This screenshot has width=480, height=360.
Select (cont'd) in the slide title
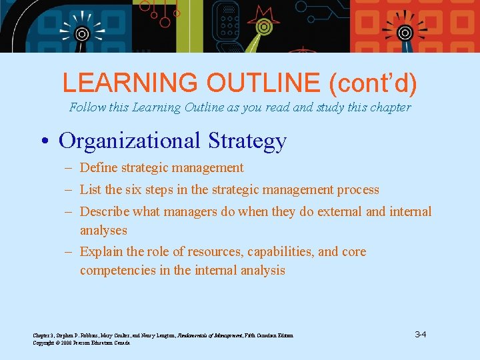[x=373, y=83]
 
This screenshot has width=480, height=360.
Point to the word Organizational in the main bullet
[x=130, y=141]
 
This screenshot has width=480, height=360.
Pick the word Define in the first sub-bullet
[x=98, y=168]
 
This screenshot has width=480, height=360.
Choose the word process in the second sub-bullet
[x=357, y=190]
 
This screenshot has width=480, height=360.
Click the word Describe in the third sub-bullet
[x=104, y=212]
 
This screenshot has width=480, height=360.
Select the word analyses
[x=103, y=231]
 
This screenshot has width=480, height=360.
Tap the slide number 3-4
[x=420, y=334]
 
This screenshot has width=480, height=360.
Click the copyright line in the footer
[x=82, y=343]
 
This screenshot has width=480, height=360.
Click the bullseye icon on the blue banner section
[x=82, y=33]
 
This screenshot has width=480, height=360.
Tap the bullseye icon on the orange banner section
[x=404, y=32]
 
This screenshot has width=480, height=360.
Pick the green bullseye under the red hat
[x=264, y=29]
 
